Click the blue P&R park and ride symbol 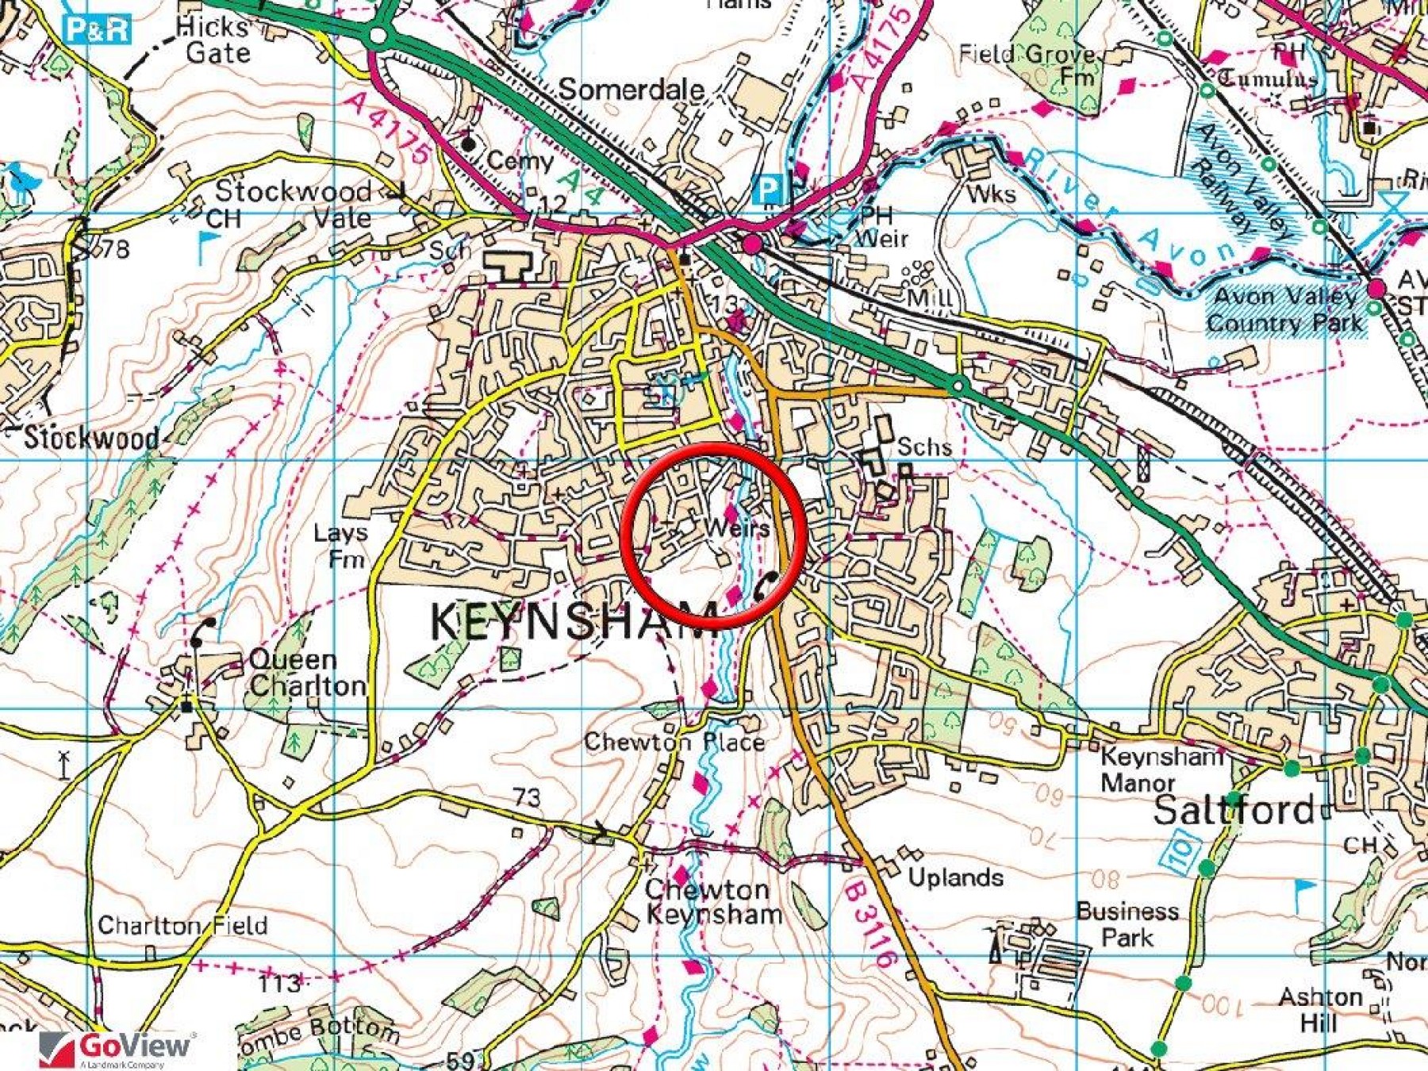tap(98, 30)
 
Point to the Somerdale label tap(631, 90)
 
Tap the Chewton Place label tap(674, 743)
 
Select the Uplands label tap(955, 877)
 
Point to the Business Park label tap(1127, 924)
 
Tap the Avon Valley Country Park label tap(1285, 310)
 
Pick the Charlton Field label tap(182, 926)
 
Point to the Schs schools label tap(924, 447)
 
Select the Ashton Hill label tap(1320, 1009)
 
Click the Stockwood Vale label tap(294, 205)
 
